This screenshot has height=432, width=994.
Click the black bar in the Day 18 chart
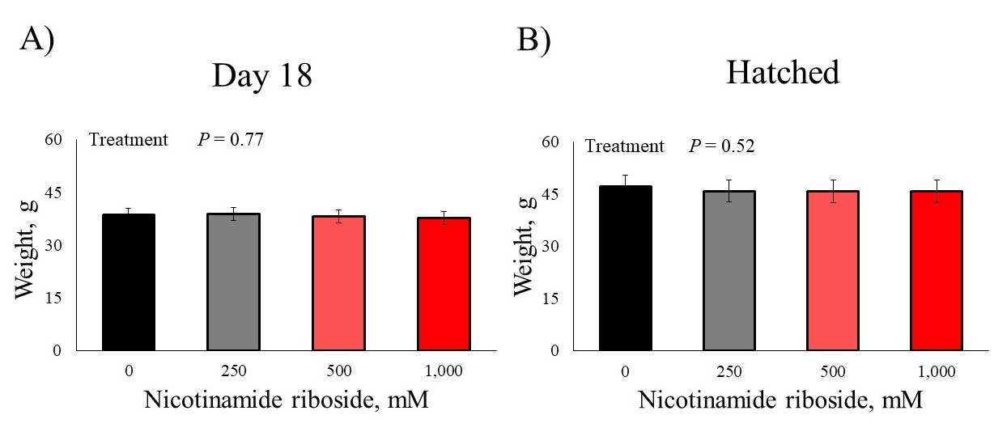129,282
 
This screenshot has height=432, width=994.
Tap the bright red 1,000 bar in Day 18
444,284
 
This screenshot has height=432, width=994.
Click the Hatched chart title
783,73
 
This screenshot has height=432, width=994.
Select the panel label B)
533,40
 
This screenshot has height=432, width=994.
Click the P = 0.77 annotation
231,139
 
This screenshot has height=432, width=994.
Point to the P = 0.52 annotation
722,146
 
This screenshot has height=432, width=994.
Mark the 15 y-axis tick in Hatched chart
555,299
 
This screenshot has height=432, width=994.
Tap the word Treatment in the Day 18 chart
128,139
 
